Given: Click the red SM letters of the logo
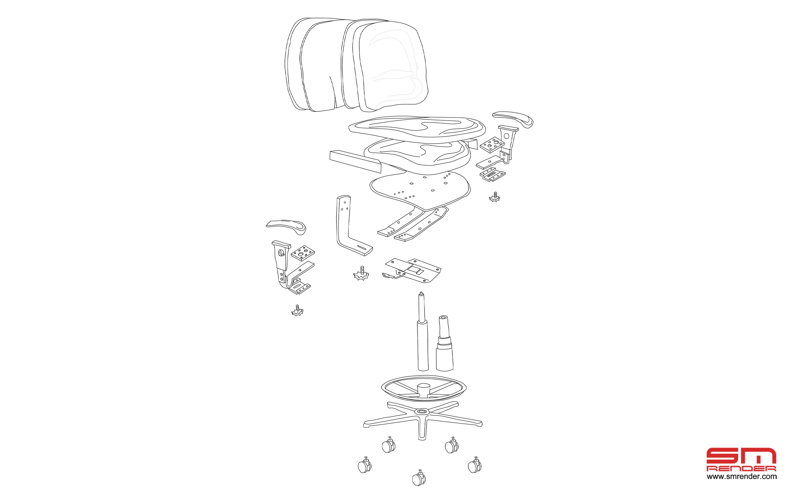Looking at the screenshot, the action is point(741,456).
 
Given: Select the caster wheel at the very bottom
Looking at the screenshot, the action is point(418,477).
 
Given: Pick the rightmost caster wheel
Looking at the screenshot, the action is point(474,465).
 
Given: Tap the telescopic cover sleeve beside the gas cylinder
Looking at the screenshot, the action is point(444,343).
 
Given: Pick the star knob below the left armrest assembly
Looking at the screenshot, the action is point(297,310).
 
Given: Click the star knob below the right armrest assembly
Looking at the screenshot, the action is point(494,197).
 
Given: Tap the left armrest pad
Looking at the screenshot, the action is point(287,227).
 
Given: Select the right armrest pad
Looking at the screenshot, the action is point(513,119).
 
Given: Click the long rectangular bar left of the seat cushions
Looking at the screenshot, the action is point(356,161).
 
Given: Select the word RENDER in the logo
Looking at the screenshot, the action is point(741,469).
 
